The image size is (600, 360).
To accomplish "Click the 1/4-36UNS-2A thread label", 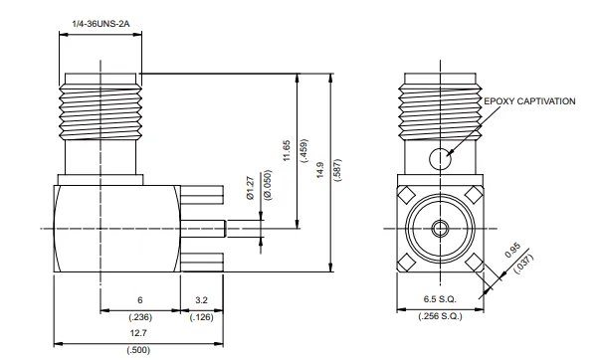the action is click(x=101, y=24).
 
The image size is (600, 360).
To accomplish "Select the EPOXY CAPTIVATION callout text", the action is click(x=529, y=101).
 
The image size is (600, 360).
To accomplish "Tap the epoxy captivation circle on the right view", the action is click(x=440, y=158).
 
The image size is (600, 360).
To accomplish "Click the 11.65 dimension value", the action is click(x=287, y=150).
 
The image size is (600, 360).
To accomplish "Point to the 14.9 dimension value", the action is click(x=319, y=170).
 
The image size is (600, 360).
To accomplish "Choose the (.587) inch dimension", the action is click(x=338, y=170).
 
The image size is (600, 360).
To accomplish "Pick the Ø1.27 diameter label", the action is click(x=251, y=188).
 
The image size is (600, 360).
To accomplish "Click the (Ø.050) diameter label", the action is click(x=268, y=185).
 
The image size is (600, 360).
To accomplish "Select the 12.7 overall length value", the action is click(x=138, y=333).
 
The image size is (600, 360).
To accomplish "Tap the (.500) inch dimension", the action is click(x=138, y=350).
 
